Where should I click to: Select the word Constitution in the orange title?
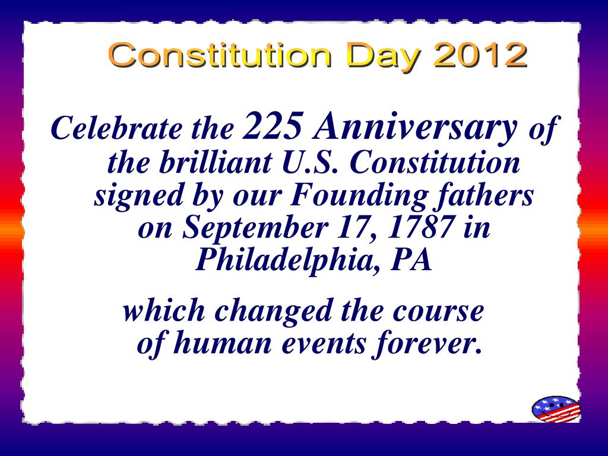coord(220,55)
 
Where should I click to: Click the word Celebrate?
coord(116,128)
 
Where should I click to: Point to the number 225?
coord(272,125)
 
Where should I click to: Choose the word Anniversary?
coord(415,128)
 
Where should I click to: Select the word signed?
coord(138,196)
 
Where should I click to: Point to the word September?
coord(255,229)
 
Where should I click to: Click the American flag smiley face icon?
coord(556,409)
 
